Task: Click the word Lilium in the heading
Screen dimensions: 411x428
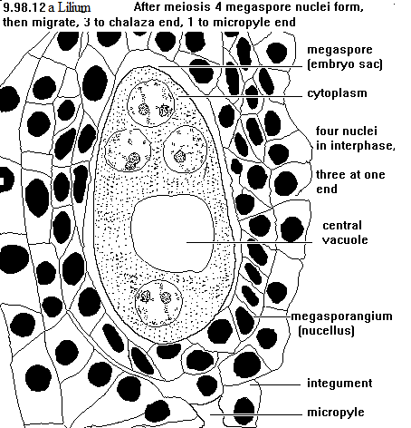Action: point(74,7)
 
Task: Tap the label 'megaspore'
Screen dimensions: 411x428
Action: point(339,50)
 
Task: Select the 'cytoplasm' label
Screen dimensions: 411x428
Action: point(338,93)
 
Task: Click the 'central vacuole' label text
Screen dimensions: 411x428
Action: point(344,232)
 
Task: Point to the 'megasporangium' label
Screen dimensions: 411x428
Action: point(341,316)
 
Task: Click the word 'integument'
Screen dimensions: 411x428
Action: point(339,384)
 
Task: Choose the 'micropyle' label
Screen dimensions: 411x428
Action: point(336,413)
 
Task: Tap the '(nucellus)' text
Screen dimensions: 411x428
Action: point(326,330)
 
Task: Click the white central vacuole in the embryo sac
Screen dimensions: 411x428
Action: point(172,233)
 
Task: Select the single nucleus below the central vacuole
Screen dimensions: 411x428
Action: point(158,303)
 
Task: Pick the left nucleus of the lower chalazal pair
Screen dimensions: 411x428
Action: point(128,151)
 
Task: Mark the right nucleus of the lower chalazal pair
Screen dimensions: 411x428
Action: point(186,150)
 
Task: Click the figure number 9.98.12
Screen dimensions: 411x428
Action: point(24,7)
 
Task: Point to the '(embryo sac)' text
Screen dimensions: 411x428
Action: point(345,64)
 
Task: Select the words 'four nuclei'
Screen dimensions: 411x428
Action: point(347,131)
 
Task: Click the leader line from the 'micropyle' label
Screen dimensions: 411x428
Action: point(256,414)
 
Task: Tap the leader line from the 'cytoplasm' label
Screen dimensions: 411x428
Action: point(240,96)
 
